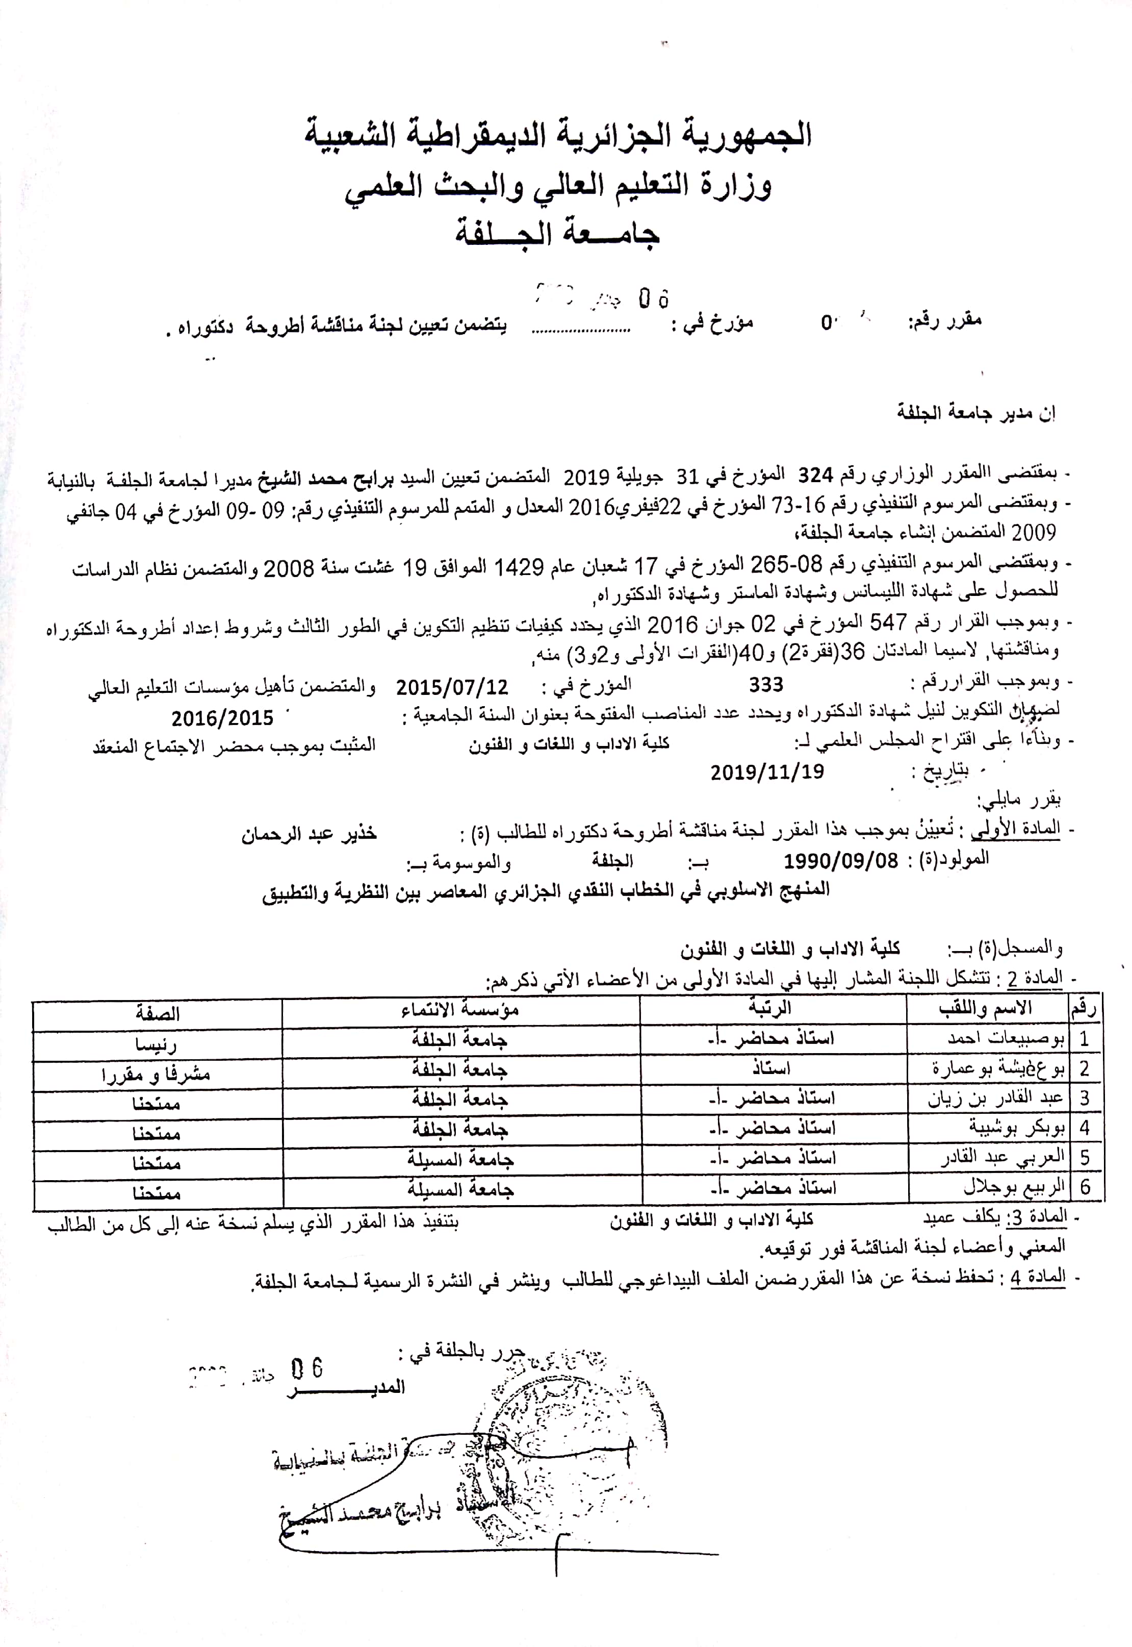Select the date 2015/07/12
click(x=452, y=687)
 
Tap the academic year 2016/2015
click(x=222, y=718)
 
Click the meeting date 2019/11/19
click(x=767, y=771)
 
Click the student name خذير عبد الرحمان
click(x=308, y=833)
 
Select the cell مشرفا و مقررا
click(x=156, y=1075)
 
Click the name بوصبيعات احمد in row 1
click(x=1006, y=1039)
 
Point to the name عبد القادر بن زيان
click(x=995, y=1099)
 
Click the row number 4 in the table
click(x=1085, y=1128)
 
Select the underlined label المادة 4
click(x=1038, y=1277)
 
